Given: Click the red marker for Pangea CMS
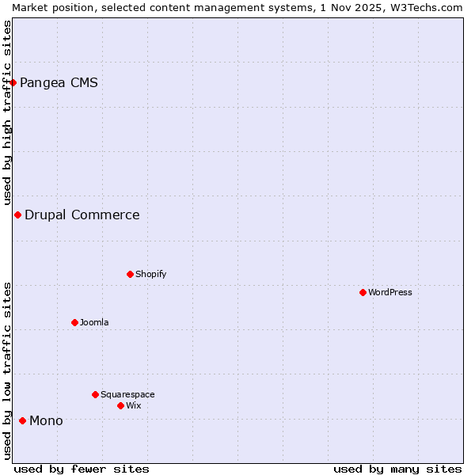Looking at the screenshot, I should coord(13,82).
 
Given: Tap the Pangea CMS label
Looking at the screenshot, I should coord(59,82).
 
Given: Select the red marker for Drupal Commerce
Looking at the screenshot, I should coord(17,215).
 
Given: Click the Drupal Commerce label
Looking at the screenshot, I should coord(82,215).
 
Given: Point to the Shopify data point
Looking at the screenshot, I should coord(130,274).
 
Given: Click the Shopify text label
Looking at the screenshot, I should coord(150,274).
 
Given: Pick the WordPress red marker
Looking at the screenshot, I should coord(363,292).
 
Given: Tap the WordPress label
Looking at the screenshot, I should coord(389,292).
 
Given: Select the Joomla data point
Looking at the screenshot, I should coord(74,322).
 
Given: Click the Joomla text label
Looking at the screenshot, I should coord(94,322).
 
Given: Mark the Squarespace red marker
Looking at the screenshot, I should coord(95,394).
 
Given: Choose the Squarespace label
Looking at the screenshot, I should coord(127,394).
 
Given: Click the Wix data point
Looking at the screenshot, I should coord(120,405).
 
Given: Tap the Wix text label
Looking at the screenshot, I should coord(133,405).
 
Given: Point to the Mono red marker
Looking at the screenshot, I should coord(22,420).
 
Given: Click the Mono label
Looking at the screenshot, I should coord(46,420).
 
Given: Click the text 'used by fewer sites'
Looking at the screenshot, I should coord(82,469).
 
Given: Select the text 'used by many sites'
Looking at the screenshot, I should coord(397,469).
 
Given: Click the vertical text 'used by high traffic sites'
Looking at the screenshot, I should coord(7,112).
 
